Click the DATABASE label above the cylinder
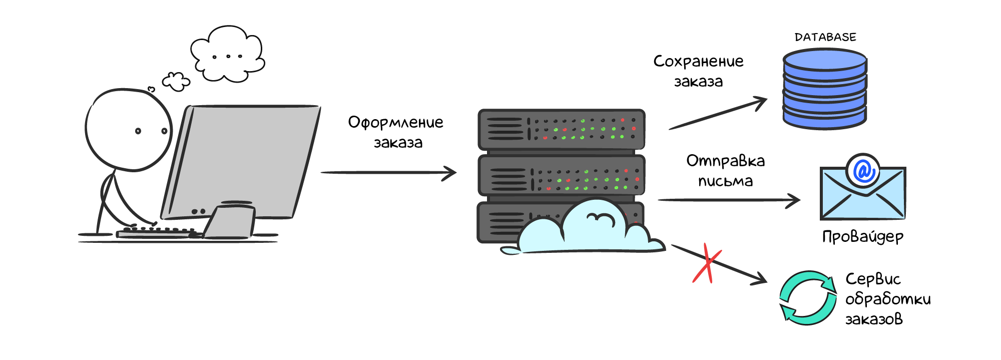(x=825, y=37)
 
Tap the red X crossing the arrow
(x=706, y=264)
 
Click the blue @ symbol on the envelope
(x=863, y=171)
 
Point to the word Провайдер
(x=863, y=236)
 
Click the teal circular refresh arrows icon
(x=808, y=298)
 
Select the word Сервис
(x=873, y=279)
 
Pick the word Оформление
(x=395, y=123)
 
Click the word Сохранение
(x=698, y=62)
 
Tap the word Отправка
(x=725, y=161)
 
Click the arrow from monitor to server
(x=388, y=173)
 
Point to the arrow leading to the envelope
(x=728, y=200)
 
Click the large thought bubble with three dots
(x=228, y=54)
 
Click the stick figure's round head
(x=129, y=130)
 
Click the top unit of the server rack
(x=561, y=129)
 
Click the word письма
(x=725, y=181)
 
